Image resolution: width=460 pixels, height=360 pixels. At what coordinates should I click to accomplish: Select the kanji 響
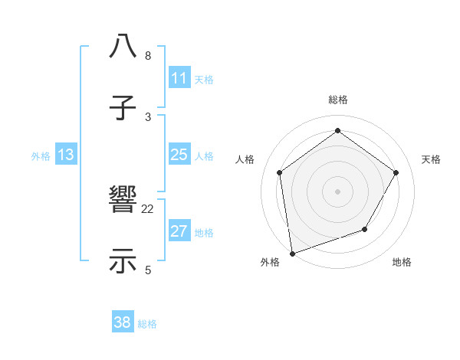123,201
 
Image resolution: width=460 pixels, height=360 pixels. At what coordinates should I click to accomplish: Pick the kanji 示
123,260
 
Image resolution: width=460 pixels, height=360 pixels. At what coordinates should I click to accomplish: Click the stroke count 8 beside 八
148,56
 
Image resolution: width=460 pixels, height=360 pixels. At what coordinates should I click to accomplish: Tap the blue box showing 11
179,78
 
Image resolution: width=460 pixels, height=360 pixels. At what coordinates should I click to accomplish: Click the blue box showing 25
179,155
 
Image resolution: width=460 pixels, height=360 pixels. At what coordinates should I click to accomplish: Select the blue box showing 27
179,232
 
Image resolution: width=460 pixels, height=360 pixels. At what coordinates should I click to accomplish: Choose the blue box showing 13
66,155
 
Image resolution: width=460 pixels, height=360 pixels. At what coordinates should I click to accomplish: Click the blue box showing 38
122,323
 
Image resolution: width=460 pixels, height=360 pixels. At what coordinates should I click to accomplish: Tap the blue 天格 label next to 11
204,79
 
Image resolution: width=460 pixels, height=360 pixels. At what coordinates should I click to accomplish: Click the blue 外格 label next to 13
41,156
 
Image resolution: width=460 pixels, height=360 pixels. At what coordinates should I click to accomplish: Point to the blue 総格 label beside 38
147,324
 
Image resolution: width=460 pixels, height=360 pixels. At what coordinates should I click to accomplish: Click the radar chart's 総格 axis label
337,100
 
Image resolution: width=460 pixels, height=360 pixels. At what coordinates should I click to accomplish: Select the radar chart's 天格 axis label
431,159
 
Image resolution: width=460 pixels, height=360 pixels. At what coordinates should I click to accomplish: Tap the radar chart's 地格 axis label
402,263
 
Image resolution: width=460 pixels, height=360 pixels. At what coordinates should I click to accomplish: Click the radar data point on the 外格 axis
292,253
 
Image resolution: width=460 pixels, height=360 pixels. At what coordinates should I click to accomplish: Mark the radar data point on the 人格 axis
280,172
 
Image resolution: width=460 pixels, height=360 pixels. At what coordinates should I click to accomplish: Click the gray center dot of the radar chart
337,191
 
